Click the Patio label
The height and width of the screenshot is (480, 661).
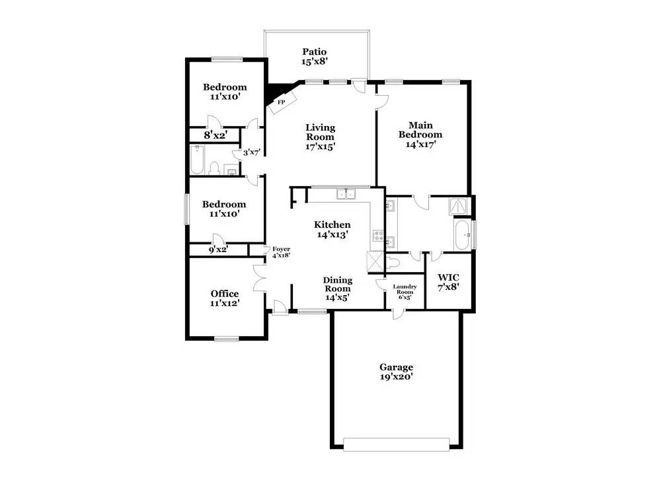click(315, 51)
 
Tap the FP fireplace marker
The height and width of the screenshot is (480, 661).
click(281, 102)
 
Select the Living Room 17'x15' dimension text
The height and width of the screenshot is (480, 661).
click(321, 147)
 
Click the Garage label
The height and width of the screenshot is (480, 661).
click(396, 366)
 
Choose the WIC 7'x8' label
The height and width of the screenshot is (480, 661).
click(448, 282)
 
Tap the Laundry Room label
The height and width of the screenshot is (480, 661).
click(405, 289)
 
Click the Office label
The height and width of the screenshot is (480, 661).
click(225, 293)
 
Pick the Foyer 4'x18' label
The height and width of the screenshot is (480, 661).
click(281, 252)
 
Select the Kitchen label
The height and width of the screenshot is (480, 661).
click(332, 224)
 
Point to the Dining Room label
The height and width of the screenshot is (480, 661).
click(338, 284)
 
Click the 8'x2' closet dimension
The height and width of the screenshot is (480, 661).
click(216, 135)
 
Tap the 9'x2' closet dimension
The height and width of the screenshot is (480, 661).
click(218, 250)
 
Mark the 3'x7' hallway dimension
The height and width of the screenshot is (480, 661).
click(253, 153)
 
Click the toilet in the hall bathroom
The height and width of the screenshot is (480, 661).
click(214, 168)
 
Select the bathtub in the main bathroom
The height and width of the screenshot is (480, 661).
click(463, 234)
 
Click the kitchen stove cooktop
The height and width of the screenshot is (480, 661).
click(377, 235)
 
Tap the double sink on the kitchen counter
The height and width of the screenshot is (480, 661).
click(346, 193)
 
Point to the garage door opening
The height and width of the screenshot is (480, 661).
click(396, 444)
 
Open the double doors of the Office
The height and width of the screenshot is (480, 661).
click(259, 278)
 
